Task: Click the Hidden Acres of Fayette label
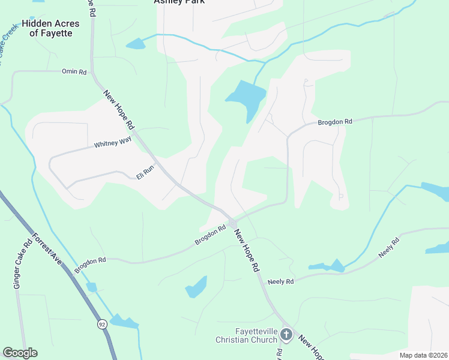(x=47, y=28)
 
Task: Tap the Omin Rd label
(x=74, y=71)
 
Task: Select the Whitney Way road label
(x=112, y=144)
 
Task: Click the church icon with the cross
(x=286, y=335)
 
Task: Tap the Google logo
(x=20, y=353)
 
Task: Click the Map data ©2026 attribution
(x=423, y=355)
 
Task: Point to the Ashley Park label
(x=179, y=2)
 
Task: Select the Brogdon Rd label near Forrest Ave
(x=91, y=265)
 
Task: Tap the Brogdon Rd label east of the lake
(x=334, y=122)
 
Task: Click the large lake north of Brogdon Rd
(x=247, y=97)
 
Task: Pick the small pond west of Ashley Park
(x=136, y=43)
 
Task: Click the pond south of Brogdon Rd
(x=197, y=287)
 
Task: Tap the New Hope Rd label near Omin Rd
(x=118, y=110)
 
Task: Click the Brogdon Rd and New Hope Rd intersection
(x=232, y=222)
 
